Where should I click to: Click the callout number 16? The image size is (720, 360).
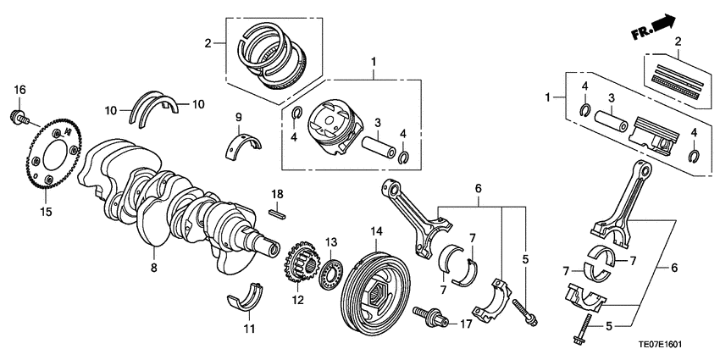click(x=19, y=89)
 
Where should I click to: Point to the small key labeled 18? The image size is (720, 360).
click(x=276, y=213)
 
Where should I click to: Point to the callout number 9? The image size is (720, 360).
click(x=239, y=116)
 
